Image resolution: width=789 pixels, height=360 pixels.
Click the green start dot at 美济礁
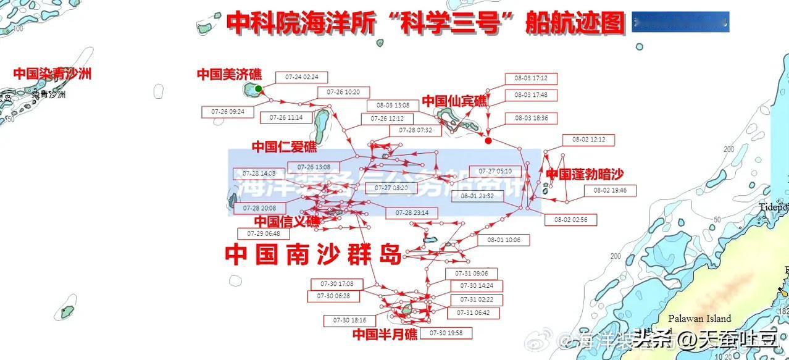pyautogui.click(x=258, y=89)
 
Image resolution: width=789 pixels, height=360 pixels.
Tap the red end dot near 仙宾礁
pyautogui.click(x=488, y=141)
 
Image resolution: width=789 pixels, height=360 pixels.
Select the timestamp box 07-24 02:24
pyautogui.click(x=302, y=77)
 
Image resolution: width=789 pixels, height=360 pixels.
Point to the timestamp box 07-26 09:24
pyautogui.click(x=228, y=112)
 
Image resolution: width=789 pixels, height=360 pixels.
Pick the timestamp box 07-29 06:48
pyautogui.click(x=264, y=234)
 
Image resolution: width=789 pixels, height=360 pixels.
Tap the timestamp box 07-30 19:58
pyautogui.click(x=446, y=333)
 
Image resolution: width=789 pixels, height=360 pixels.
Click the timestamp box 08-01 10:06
pyautogui.click(x=504, y=240)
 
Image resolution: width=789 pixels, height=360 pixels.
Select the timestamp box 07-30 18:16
pyautogui.click(x=350, y=320)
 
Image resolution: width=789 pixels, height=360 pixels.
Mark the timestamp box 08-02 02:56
pyautogui.click(x=570, y=220)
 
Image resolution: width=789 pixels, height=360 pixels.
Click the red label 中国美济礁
pyautogui.click(x=229, y=74)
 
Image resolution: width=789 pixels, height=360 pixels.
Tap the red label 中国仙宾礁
pyautogui.click(x=454, y=101)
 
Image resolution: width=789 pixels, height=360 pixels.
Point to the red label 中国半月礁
pyautogui.click(x=385, y=334)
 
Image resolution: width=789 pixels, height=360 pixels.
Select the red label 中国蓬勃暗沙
pyautogui.click(x=585, y=175)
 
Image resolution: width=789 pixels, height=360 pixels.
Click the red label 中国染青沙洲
pyautogui.click(x=52, y=73)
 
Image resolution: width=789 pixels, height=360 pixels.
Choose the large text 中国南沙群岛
pyautogui.click(x=314, y=254)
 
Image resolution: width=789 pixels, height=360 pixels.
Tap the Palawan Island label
pyautogui.click(x=699, y=319)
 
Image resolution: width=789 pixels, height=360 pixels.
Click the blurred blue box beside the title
pyautogui.click(x=681, y=22)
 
